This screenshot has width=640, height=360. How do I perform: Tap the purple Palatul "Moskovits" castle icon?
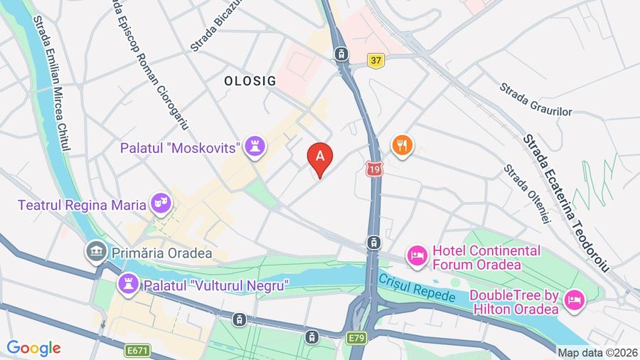tap(255, 148)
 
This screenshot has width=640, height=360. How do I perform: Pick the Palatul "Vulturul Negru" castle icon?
tap(129, 285)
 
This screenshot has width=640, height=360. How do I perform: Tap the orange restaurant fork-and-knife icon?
tap(402, 146)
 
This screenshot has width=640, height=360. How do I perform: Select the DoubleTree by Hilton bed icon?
tap(574, 301)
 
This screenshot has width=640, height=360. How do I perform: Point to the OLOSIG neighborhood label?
tap(250, 81)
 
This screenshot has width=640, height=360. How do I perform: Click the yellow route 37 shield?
tap(376, 60)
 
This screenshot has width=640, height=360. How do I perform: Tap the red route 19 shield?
tap(375, 169)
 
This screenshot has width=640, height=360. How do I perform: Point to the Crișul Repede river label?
tap(417, 290)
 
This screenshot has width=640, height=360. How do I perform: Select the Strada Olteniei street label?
tap(528, 194)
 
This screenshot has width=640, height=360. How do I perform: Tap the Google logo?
tap(33, 348)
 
